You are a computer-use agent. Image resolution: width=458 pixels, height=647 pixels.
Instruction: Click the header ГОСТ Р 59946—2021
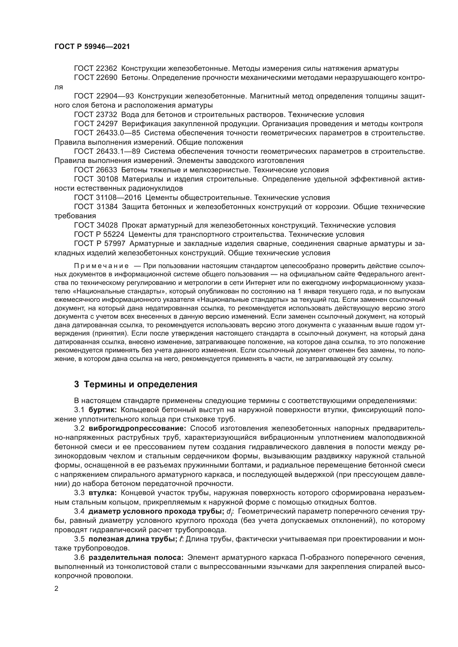(x=92, y=47)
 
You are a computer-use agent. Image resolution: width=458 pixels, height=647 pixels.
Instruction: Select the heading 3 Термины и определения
(x=135, y=384)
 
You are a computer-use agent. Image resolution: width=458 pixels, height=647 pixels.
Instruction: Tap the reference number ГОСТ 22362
(x=96, y=69)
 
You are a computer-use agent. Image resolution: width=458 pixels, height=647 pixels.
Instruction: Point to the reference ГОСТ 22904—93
(x=104, y=96)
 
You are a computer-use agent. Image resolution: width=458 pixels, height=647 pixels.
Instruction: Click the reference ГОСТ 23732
(x=96, y=115)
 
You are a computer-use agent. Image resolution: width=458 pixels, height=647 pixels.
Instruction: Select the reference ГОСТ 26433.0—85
(x=107, y=133)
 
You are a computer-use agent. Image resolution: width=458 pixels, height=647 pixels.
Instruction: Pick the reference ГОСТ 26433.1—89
(x=107, y=152)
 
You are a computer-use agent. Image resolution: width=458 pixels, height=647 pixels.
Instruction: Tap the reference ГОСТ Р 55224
(x=99, y=235)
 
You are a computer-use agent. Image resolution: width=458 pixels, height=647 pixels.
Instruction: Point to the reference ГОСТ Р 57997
(x=99, y=244)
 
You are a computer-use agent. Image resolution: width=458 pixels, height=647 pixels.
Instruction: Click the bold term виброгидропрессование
(x=137, y=428)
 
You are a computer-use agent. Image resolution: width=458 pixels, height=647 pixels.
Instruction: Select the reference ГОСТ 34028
(x=96, y=225)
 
